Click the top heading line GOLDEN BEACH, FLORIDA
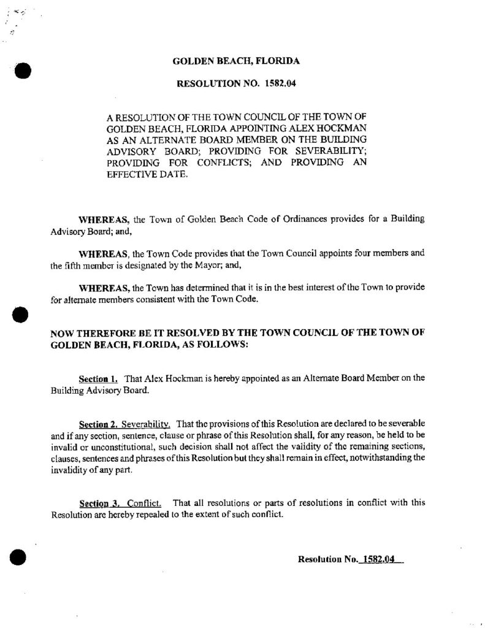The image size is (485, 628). click(236, 61)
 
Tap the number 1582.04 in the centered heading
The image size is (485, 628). click(281, 83)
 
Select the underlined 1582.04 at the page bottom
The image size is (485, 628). click(378, 559)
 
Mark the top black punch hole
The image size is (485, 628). click(22, 69)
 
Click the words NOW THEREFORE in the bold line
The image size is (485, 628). click(91, 333)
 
